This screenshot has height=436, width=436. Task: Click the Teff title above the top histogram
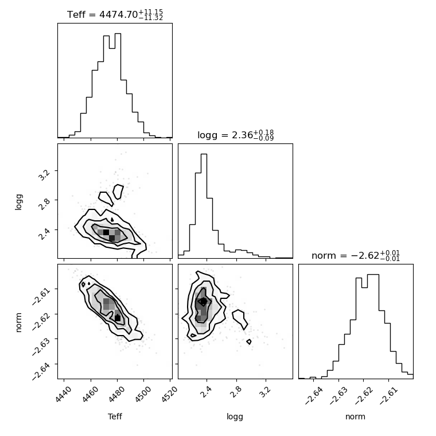[115, 14]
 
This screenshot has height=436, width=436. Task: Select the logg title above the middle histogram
[236, 135]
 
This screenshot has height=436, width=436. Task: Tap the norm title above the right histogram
[356, 255]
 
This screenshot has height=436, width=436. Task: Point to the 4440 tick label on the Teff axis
[64, 394]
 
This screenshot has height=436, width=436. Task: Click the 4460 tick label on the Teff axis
[90, 394]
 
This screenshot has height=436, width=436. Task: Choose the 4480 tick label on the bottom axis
[116, 394]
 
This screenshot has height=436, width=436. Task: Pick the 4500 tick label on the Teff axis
[143, 394]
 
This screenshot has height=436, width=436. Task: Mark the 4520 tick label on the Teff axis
[169, 394]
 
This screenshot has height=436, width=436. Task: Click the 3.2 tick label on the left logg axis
[44, 175]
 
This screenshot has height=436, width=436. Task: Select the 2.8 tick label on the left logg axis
[44, 205]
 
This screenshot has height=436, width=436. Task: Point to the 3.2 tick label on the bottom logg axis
[265, 392]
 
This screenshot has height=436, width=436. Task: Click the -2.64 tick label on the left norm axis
[41, 371]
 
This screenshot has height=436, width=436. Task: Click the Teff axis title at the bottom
[115, 416]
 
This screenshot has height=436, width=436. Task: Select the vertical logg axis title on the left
[18, 202]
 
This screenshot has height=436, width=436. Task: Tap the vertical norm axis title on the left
[18, 322]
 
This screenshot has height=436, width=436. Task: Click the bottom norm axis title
[355, 417]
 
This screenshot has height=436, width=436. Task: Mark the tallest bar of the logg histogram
[204, 206]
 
